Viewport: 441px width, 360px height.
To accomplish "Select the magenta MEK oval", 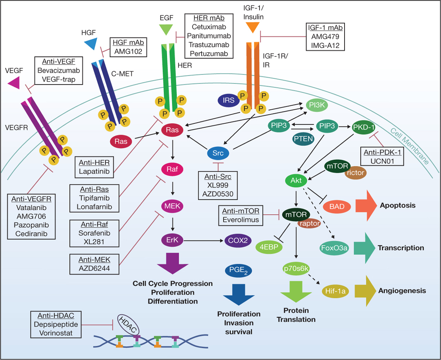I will (x=172, y=205).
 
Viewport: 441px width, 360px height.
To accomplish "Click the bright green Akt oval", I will (x=296, y=180).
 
